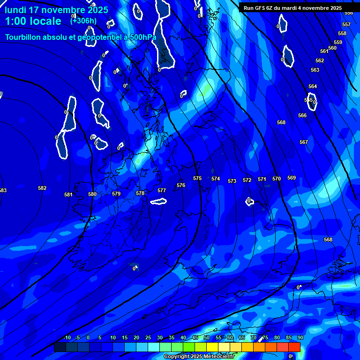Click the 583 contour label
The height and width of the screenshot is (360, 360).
3,190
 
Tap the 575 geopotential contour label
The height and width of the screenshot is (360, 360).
197,179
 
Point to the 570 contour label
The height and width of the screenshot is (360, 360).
277,179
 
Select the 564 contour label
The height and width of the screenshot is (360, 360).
313,87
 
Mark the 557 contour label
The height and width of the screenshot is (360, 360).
346,25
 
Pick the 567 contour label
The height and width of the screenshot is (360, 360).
304,142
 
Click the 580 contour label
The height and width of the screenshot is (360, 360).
92,194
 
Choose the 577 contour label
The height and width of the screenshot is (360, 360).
162,190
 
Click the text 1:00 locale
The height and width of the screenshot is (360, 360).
33,21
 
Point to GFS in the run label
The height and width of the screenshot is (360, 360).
259,8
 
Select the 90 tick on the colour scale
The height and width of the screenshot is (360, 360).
300,338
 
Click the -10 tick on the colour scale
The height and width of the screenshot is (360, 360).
67,338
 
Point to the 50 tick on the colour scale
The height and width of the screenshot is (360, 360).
206,338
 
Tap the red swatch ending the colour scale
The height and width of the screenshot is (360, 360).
294,347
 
